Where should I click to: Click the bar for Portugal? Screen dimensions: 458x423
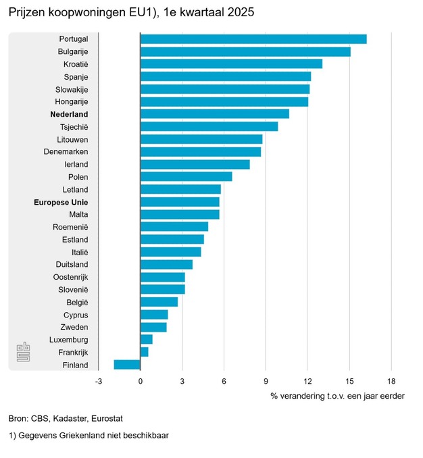point(253,39)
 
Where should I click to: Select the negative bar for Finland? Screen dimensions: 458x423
point(127,365)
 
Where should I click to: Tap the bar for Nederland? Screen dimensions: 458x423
point(215,113)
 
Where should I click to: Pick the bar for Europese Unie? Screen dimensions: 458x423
point(180,201)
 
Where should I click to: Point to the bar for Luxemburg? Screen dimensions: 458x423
point(147,339)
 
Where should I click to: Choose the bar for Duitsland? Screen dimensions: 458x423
point(166,264)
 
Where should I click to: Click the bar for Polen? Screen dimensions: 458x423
point(186,176)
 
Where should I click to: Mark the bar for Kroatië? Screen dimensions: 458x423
point(231,63)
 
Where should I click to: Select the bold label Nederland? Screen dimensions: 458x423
point(70,114)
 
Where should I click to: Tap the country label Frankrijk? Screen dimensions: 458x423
point(71,353)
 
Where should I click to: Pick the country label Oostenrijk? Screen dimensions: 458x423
point(71,277)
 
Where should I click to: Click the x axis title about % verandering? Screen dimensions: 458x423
point(337,396)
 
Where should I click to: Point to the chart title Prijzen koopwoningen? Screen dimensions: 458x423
point(132,13)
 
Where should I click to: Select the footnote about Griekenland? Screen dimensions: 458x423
point(89,436)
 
